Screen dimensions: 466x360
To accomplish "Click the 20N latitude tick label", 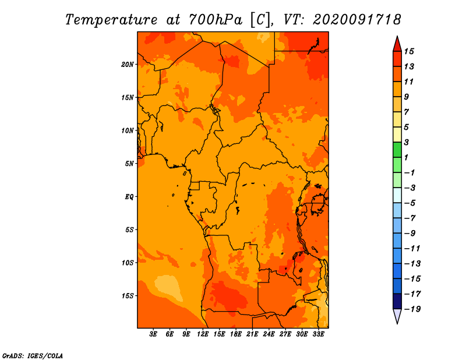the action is [128, 65].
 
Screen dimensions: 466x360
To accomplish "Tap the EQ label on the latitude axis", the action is [129, 197].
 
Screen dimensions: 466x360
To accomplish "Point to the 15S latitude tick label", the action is [128, 296].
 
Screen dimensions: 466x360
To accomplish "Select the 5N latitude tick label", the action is [129, 164].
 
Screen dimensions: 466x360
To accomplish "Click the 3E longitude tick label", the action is [153, 334].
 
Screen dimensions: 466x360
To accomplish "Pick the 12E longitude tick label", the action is [203, 334].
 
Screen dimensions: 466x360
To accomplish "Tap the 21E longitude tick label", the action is [252, 334].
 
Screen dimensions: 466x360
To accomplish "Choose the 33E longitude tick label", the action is [318, 334].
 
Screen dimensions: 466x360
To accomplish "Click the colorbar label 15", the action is [409, 51].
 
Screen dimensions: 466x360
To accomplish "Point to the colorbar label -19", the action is [412, 309].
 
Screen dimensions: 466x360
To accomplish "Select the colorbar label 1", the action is [406, 157].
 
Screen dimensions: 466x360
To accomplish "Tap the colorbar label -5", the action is [410, 203].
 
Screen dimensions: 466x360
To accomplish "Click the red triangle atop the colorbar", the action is [397, 44].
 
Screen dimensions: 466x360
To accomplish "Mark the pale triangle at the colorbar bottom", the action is [397, 316].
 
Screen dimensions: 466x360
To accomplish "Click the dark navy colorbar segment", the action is [397, 301].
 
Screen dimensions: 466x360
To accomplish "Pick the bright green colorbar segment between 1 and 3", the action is [397, 150].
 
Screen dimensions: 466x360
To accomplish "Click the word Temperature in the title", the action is [111, 20].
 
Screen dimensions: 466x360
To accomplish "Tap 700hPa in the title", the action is [216, 20].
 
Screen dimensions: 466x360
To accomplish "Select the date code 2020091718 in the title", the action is [357, 20].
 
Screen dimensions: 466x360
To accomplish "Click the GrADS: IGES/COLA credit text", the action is [33, 356].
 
